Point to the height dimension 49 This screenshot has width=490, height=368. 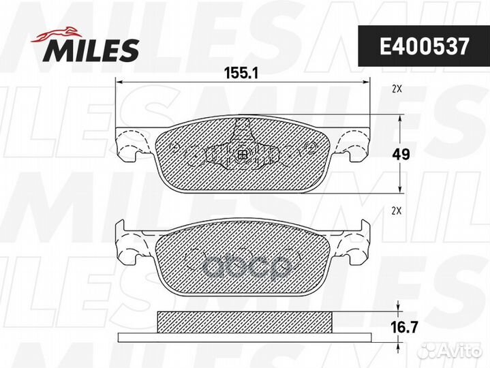(401, 155)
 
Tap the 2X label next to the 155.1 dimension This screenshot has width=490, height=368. (397, 89)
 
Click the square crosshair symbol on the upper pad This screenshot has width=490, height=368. (243, 155)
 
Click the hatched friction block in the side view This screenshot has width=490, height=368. (244, 320)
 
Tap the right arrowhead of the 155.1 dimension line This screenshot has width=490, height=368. (367, 82)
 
